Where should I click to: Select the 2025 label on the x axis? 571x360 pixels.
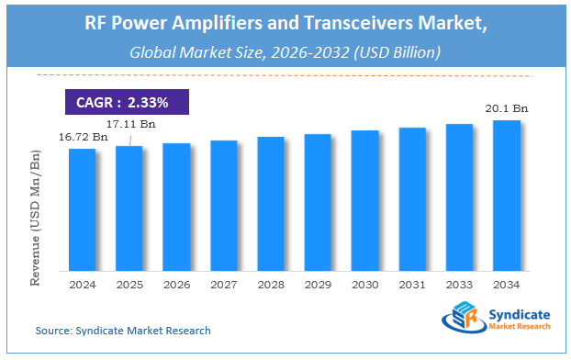[x=129, y=284]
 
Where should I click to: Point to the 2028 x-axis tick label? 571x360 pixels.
[x=271, y=284]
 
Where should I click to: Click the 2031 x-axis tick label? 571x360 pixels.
[x=412, y=284]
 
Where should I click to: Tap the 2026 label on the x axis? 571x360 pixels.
[x=176, y=284]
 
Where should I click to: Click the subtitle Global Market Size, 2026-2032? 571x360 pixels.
[x=285, y=52]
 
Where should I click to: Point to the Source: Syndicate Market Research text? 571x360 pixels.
[x=123, y=330]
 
